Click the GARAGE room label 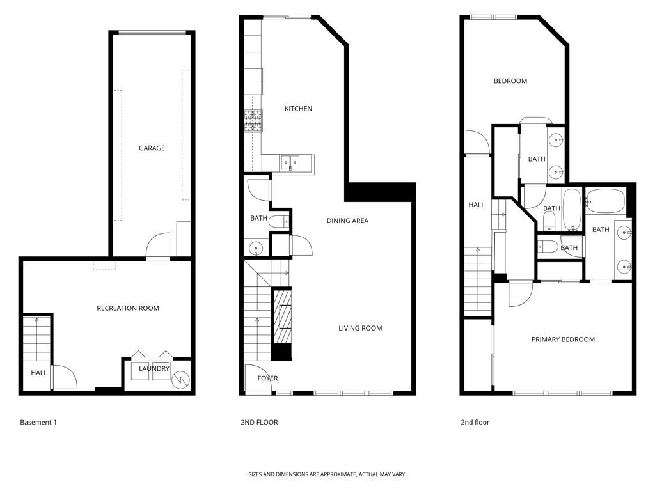[x=152, y=148]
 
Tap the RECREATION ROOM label [x=128, y=308]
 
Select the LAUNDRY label [x=154, y=368]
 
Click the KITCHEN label [x=298, y=109]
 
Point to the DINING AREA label [x=347, y=221]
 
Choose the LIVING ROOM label [x=360, y=328]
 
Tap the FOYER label [x=267, y=378]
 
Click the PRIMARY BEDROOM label [x=563, y=339]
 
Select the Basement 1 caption [x=38, y=422]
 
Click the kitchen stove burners [x=253, y=121]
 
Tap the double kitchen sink [x=290, y=162]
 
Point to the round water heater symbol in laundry [x=180, y=380]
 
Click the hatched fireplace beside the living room [x=282, y=316]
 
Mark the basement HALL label [x=39, y=373]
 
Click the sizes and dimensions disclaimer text [x=327, y=474]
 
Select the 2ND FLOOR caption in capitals [x=259, y=422]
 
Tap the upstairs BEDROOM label [x=510, y=81]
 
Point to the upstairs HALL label [x=477, y=205]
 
